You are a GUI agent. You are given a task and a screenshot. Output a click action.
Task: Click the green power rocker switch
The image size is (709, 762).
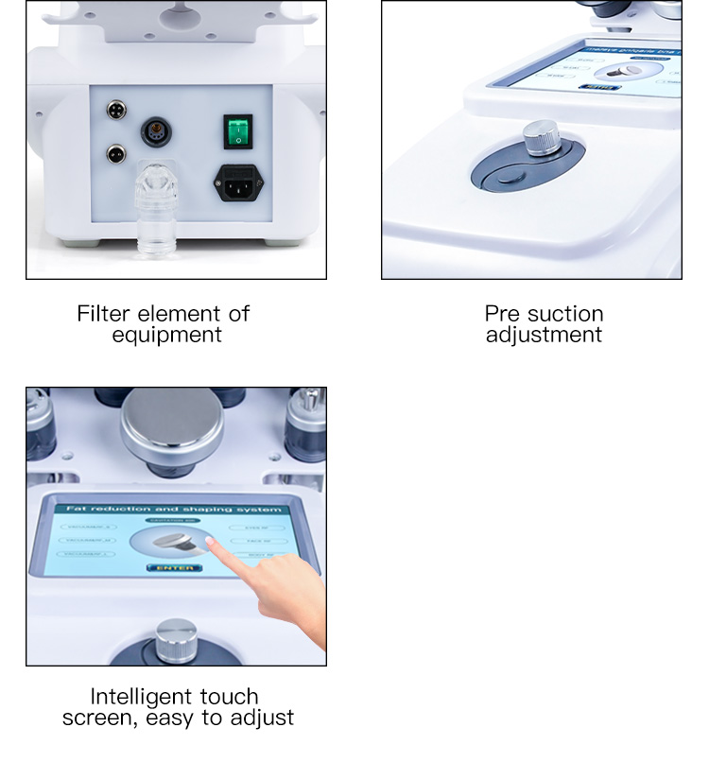[x=237, y=132]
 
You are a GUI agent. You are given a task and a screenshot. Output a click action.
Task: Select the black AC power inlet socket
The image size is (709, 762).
[x=237, y=182]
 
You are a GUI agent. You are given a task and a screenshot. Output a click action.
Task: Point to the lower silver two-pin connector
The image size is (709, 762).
[x=115, y=152]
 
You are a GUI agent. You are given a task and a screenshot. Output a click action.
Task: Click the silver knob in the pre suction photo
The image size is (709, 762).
[x=541, y=138]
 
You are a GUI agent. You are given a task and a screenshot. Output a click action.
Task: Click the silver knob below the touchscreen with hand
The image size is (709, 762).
[x=176, y=640]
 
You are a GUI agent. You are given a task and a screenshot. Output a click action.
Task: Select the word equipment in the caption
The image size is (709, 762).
[x=166, y=335]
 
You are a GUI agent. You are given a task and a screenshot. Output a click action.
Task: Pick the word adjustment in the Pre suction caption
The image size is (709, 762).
[x=544, y=335]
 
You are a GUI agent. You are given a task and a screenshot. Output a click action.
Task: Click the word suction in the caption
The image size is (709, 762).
[x=564, y=313]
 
